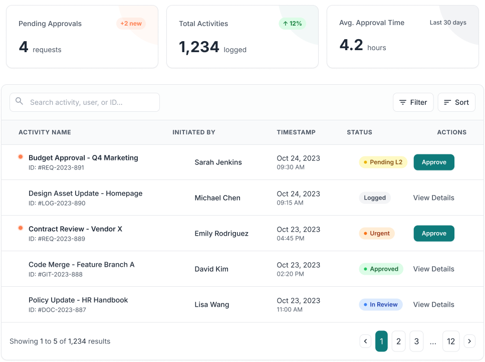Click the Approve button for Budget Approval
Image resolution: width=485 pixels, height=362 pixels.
pos(434,162)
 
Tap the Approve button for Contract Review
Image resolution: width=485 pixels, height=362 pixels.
pos(434,233)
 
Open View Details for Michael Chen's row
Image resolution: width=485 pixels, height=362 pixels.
pos(434,198)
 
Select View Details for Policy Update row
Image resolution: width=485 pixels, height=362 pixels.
pos(434,304)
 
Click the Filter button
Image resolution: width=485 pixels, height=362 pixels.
pos(413,102)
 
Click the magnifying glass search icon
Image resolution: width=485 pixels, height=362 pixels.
pos(19,101)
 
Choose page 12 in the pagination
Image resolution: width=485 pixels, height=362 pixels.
pos(450,341)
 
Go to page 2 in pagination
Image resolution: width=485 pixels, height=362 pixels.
pos(398,341)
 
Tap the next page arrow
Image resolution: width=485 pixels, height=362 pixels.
pos(469,341)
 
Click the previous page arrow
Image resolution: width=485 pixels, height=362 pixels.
pos(365,341)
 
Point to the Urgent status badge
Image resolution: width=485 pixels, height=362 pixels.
pos(377,233)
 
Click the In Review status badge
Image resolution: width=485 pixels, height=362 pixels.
pos(381,304)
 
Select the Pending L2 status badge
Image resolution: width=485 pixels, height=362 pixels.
pos(383,162)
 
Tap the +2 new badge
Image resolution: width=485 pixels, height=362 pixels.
pos(131,24)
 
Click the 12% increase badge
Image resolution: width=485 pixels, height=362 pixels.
pos(292,24)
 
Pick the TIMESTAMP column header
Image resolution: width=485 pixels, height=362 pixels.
pos(296,132)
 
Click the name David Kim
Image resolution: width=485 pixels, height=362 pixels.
pos(211,269)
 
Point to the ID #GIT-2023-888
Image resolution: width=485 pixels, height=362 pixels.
pos(56,274)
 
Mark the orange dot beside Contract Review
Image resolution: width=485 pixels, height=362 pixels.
pos(21,228)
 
